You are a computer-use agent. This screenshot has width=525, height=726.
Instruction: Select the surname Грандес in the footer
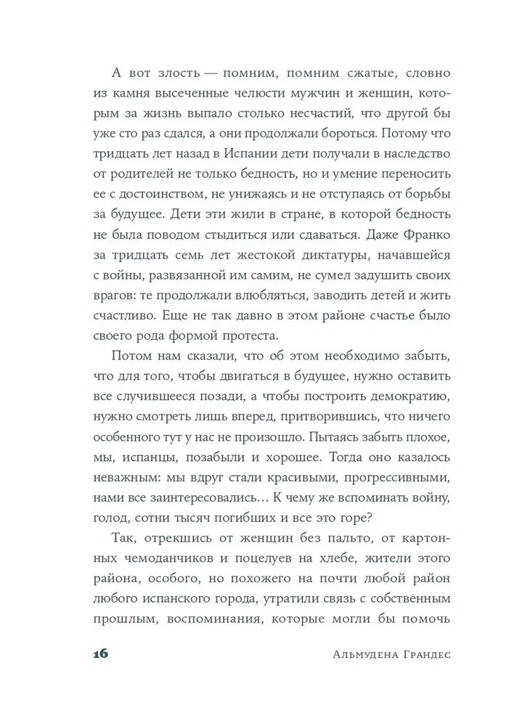click(x=415, y=653)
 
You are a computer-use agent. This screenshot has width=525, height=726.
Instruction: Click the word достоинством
click(x=176, y=195)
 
